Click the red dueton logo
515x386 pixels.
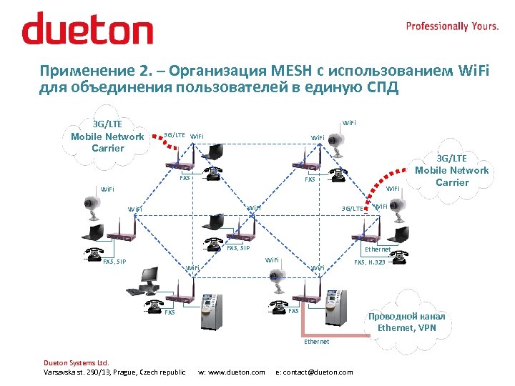(x=87, y=29)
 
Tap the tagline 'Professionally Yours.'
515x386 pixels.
(x=452, y=26)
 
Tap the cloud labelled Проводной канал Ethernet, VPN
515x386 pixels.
(x=406, y=322)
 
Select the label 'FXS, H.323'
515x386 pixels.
(x=370, y=262)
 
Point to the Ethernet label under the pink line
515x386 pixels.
(x=316, y=342)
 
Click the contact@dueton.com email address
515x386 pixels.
(x=314, y=372)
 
